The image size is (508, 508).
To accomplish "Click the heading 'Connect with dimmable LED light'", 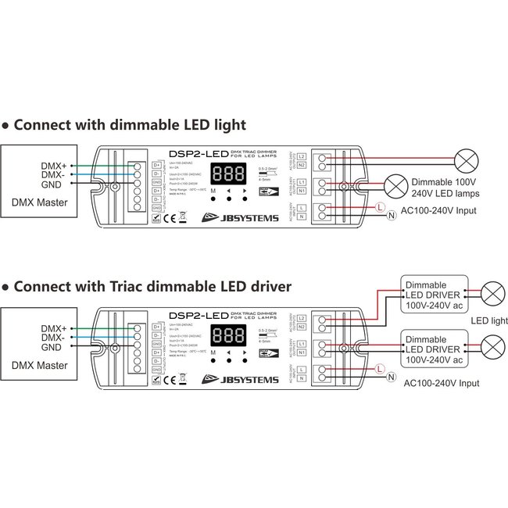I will pyautogui.click(x=130, y=124).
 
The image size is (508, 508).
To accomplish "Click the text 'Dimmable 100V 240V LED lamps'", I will pyautogui.click(x=435, y=188).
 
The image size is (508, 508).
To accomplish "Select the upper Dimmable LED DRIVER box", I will pyautogui.click(x=434, y=294).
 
